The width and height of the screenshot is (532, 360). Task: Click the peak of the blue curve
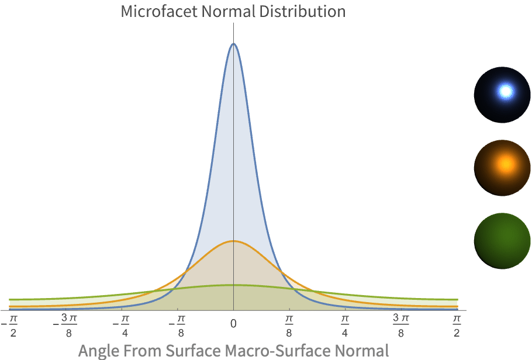click(233, 44)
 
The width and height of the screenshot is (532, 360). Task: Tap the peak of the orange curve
click(233, 241)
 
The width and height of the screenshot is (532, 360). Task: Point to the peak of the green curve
click(233, 285)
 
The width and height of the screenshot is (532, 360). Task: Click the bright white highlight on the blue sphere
click(506, 91)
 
